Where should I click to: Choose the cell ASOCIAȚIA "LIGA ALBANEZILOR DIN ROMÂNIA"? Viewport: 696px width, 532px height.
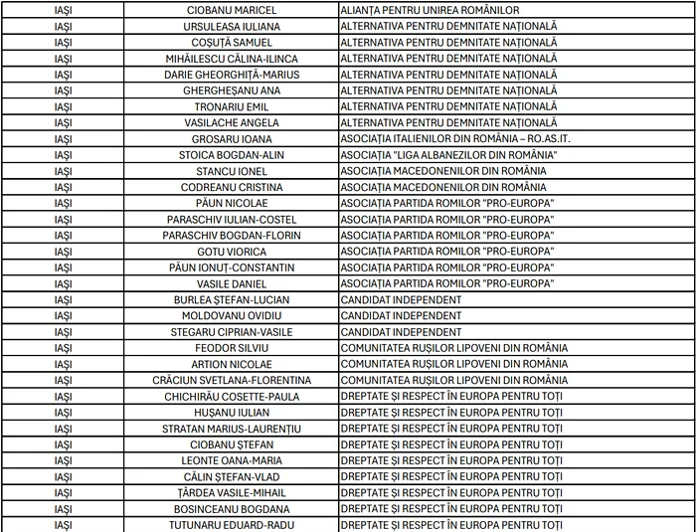448,155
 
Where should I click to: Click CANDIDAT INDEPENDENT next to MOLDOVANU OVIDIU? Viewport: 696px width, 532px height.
401,316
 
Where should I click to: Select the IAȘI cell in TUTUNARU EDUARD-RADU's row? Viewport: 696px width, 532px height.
63,525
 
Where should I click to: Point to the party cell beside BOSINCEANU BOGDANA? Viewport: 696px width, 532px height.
452,509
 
